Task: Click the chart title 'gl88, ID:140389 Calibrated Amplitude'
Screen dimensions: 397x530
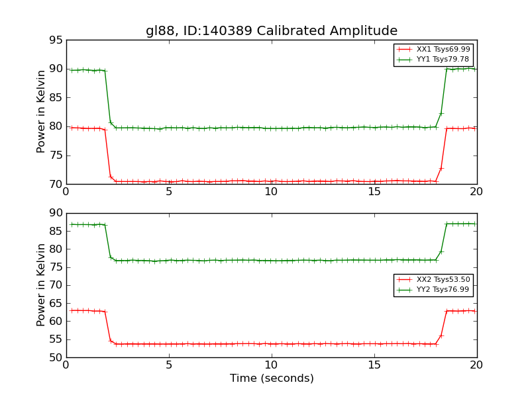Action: pyautogui.click(x=272, y=31)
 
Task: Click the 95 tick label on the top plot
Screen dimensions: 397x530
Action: pyautogui.click(x=56, y=40)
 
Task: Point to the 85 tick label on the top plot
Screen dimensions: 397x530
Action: pyautogui.click(x=56, y=98)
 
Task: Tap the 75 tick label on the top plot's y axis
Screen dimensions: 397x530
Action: pyautogui.click(x=56, y=155)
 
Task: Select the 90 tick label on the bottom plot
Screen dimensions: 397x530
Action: pyautogui.click(x=56, y=214)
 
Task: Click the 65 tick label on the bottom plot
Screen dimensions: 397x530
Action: pyautogui.click(x=56, y=304)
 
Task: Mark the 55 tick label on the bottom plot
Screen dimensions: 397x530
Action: pyautogui.click(x=56, y=339)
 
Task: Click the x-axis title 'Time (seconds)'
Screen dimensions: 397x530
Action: pyautogui.click(x=272, y=378)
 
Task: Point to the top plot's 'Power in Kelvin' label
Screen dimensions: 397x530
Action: pyautogui.click(x=42, y=112)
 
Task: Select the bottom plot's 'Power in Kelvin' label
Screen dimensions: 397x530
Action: pyautogui.click(x=42, y=285)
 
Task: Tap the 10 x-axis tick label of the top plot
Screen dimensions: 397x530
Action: pyautogui.click(x=272, y=192)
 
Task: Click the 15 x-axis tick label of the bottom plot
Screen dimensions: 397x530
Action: pyautogui.click(x=374, y=365)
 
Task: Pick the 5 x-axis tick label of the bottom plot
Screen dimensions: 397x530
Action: pyautogui.click(x=169, y=365)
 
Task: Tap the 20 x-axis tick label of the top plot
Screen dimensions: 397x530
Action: pyautogui.click(x=476, y=192)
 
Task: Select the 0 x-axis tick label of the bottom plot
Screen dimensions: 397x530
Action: pyautogui.click(x=66, y=365)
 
